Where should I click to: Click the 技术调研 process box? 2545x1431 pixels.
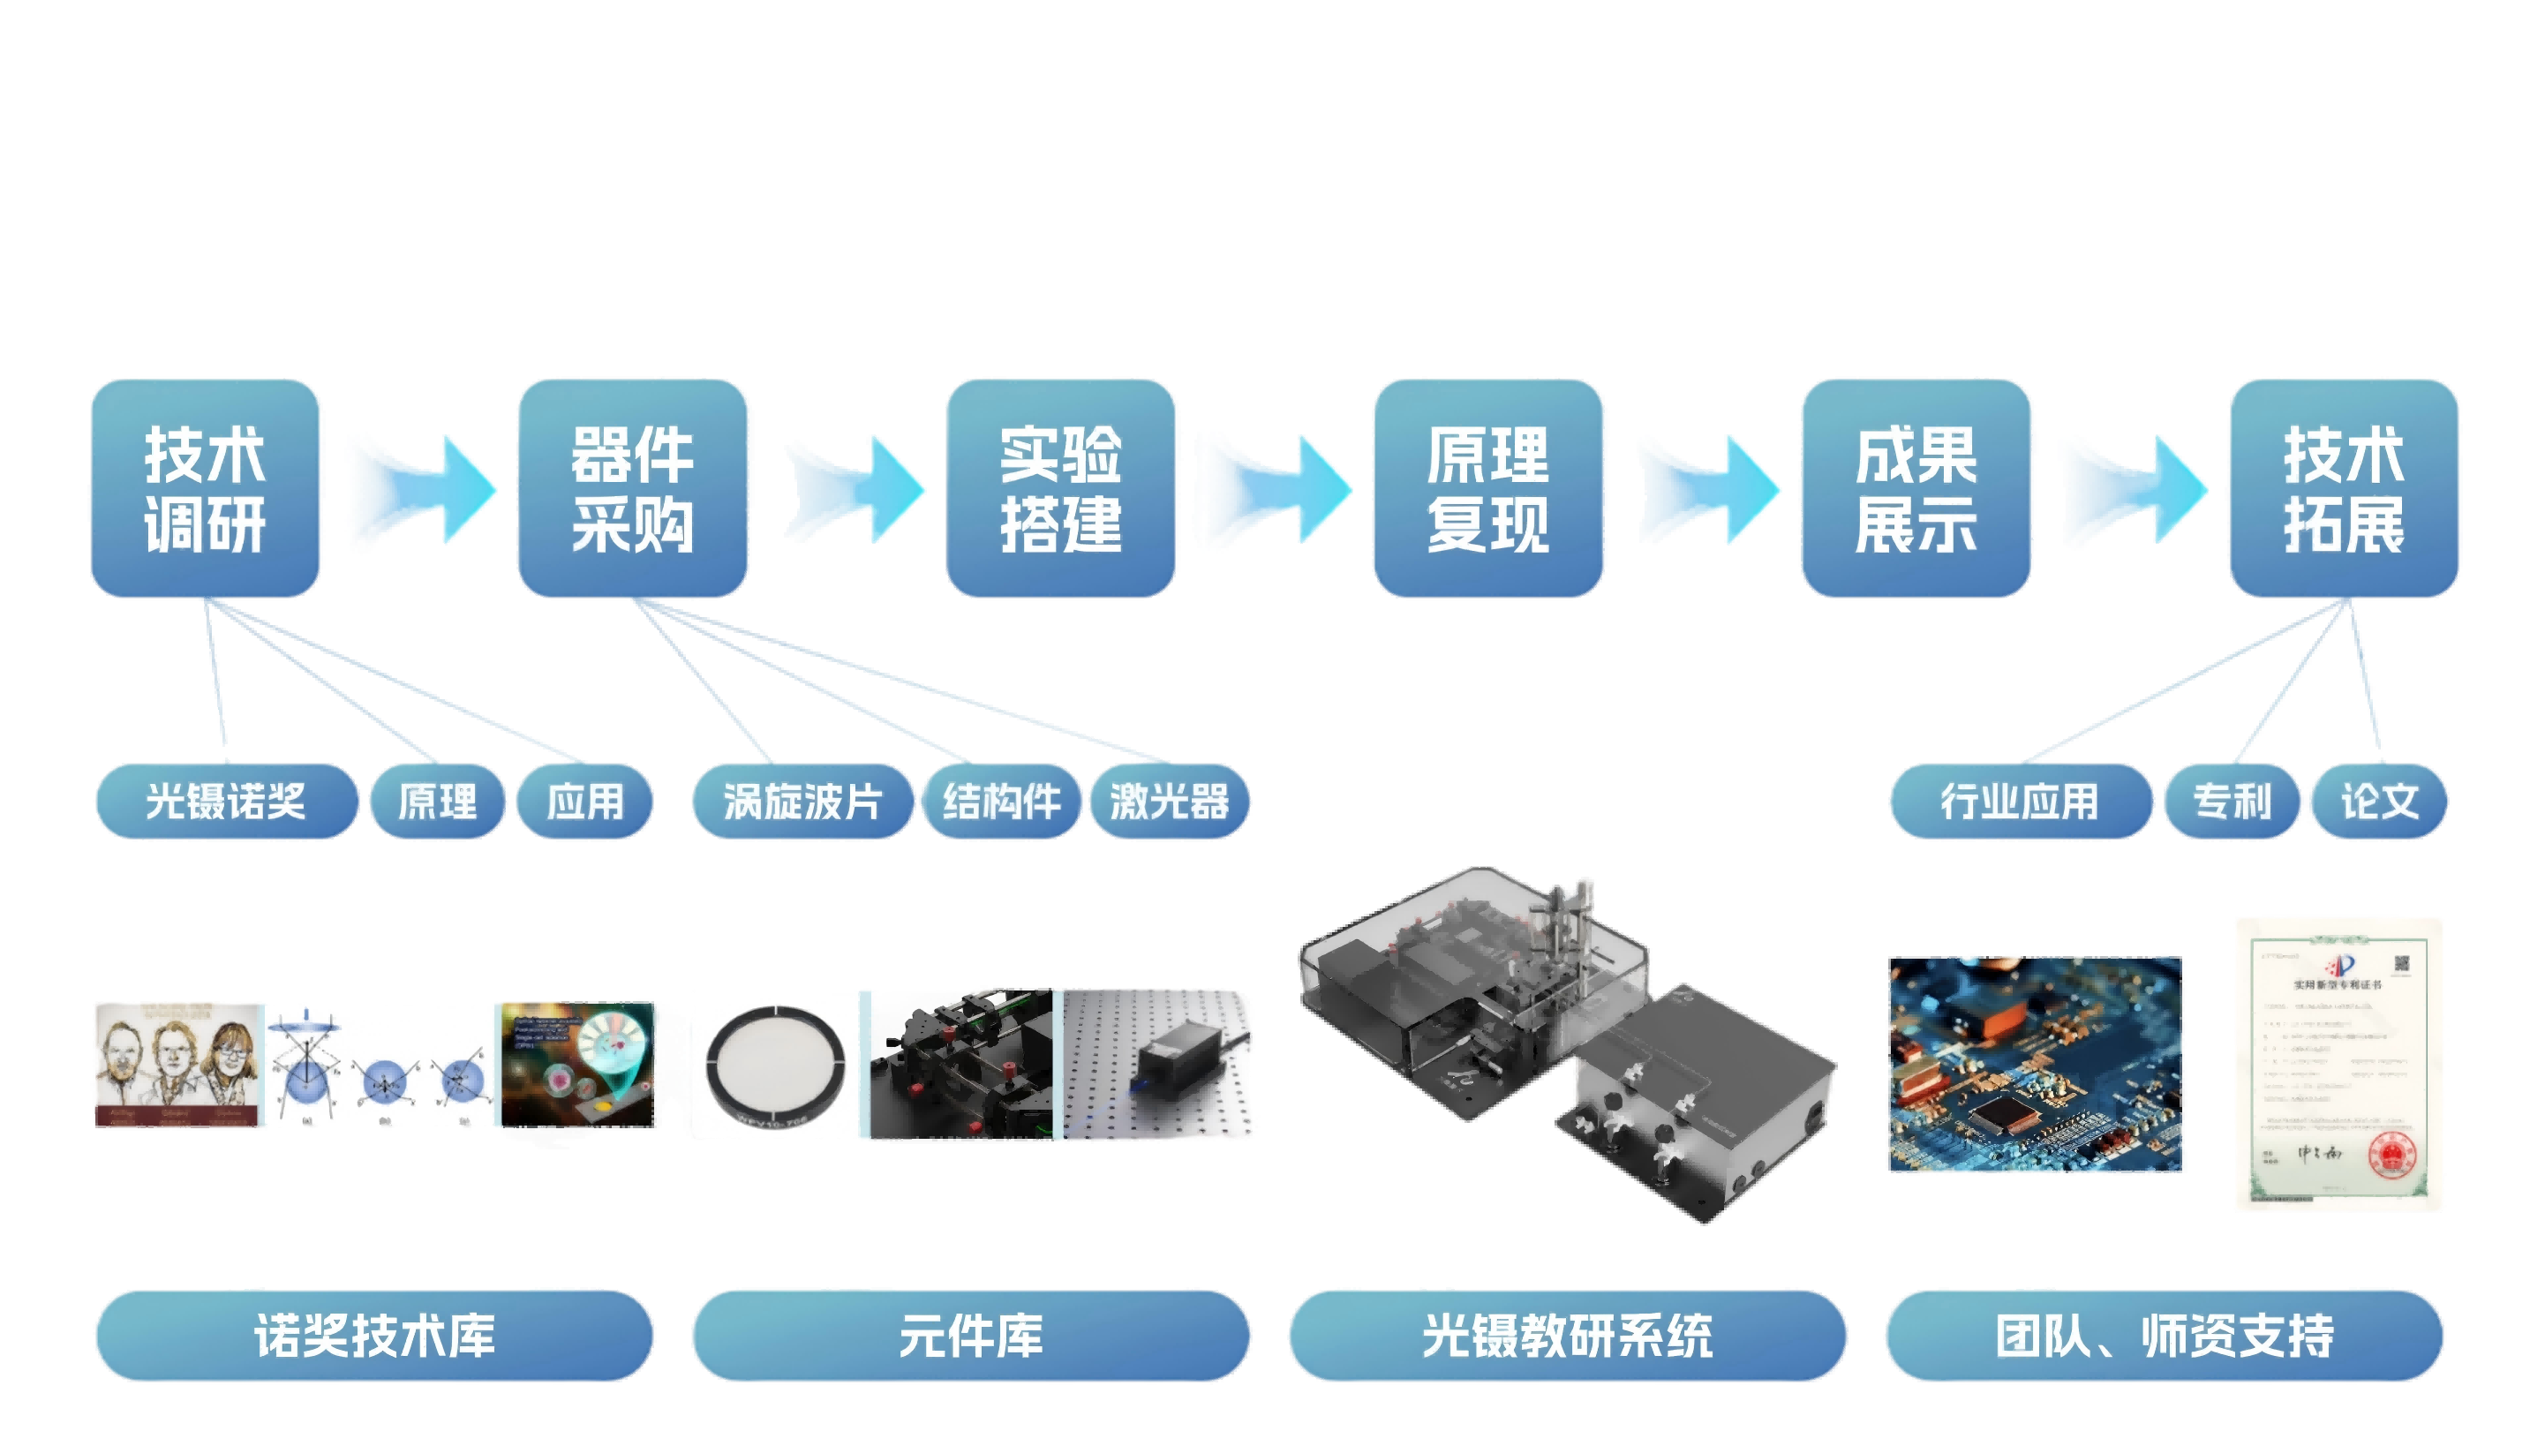tap(206, 488)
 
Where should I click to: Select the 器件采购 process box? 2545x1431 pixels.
tap(633, 488)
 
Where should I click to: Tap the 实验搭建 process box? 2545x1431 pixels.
tap(1061, 488)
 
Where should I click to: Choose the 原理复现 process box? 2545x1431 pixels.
tap(1487, 488)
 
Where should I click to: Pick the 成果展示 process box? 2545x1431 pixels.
tap(1916, 488)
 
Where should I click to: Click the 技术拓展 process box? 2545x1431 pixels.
tap(2344, 488)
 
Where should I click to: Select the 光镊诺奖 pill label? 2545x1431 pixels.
tap(225, 801)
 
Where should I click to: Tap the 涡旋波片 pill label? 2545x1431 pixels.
tap(802, 801)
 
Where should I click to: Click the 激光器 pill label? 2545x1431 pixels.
tap(1169, 801)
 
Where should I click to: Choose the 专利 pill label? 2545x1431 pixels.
tap(2232, 801)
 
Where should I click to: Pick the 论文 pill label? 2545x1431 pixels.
tap(2379, 801)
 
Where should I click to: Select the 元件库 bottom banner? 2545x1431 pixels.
tap(970, 1335)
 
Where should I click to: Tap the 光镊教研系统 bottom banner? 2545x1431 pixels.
tap(1567, 1335)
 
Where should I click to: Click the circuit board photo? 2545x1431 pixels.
tap(2036, 1064)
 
